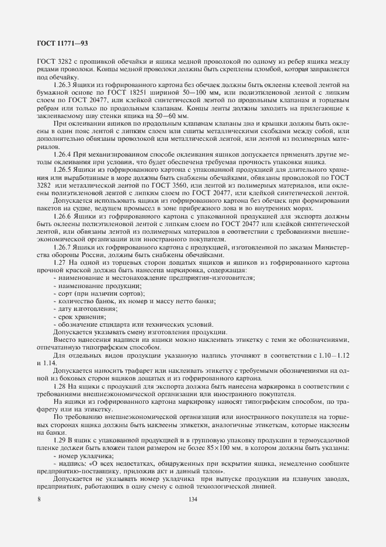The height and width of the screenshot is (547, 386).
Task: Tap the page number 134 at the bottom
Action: [x=193, y=500]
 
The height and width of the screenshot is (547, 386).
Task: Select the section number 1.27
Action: [x=60, y=262]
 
